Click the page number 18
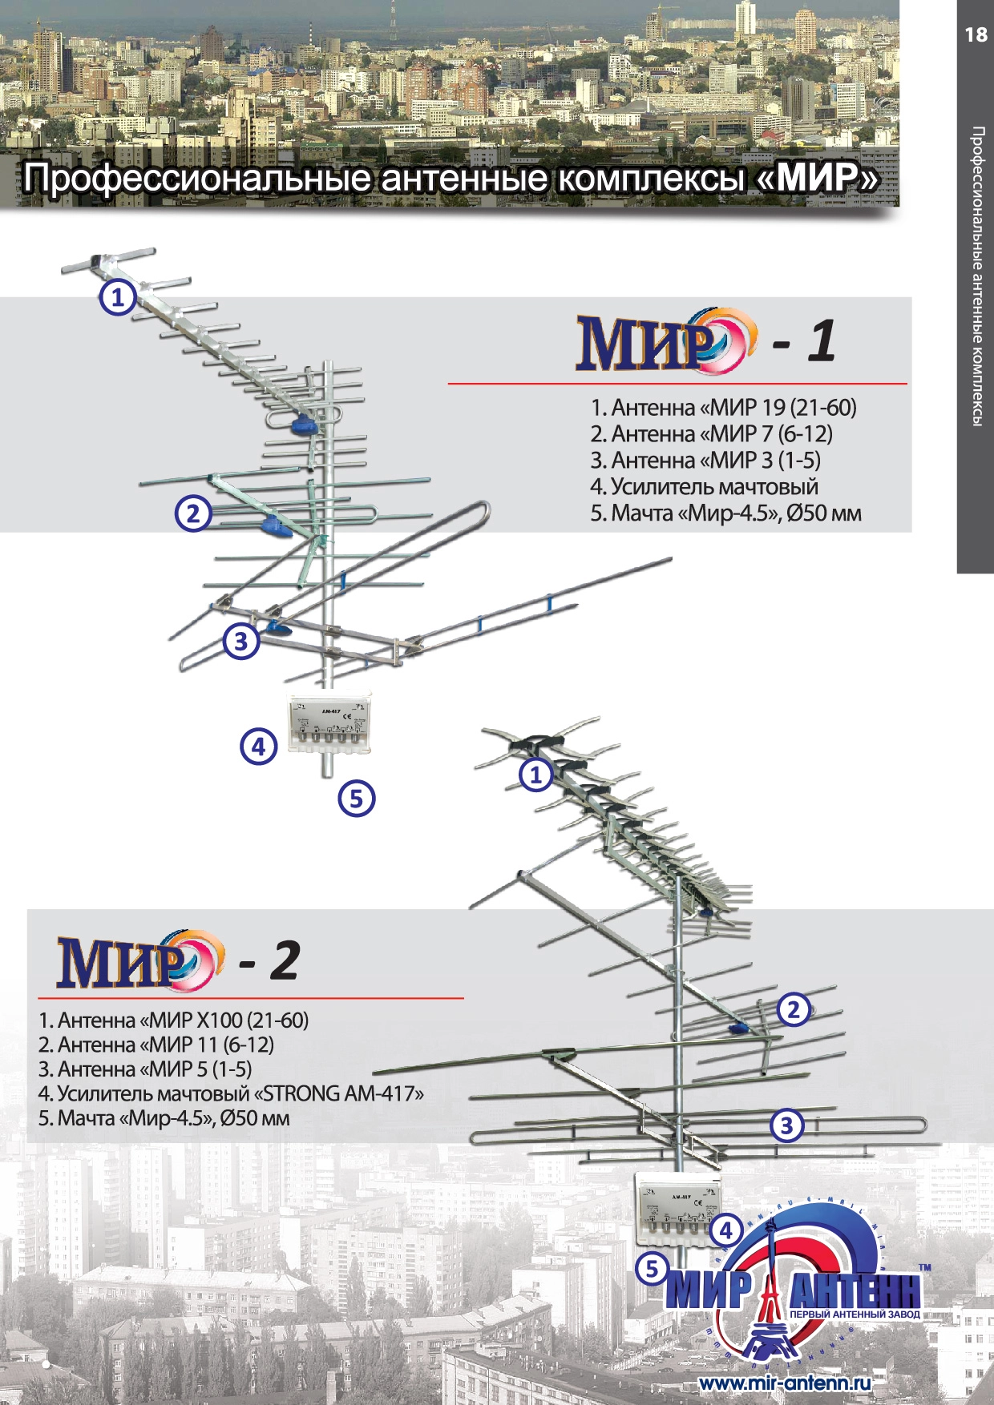(x=976, y=34)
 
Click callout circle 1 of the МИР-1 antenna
(x=118, y=298)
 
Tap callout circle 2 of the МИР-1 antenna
(x=193, y=513)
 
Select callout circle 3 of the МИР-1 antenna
(x=240, y=641)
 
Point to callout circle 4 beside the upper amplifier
(x=258, y=747)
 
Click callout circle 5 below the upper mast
(x=357, y=798)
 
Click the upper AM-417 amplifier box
(x=329, y=725)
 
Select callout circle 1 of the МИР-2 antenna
(x=536, y=774)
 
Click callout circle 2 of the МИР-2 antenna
(x=794, y=1009)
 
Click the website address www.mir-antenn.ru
(x=784, y=1383)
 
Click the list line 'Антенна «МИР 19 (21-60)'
(x=723, y=408)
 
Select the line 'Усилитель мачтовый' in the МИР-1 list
(x=704, y=486)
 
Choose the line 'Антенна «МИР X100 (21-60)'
(x=173, y=1021)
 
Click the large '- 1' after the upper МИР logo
(x=805, y=341)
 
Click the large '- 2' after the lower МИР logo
(x=269, y=960)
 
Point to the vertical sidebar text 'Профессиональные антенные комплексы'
(x=977, y=276)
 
